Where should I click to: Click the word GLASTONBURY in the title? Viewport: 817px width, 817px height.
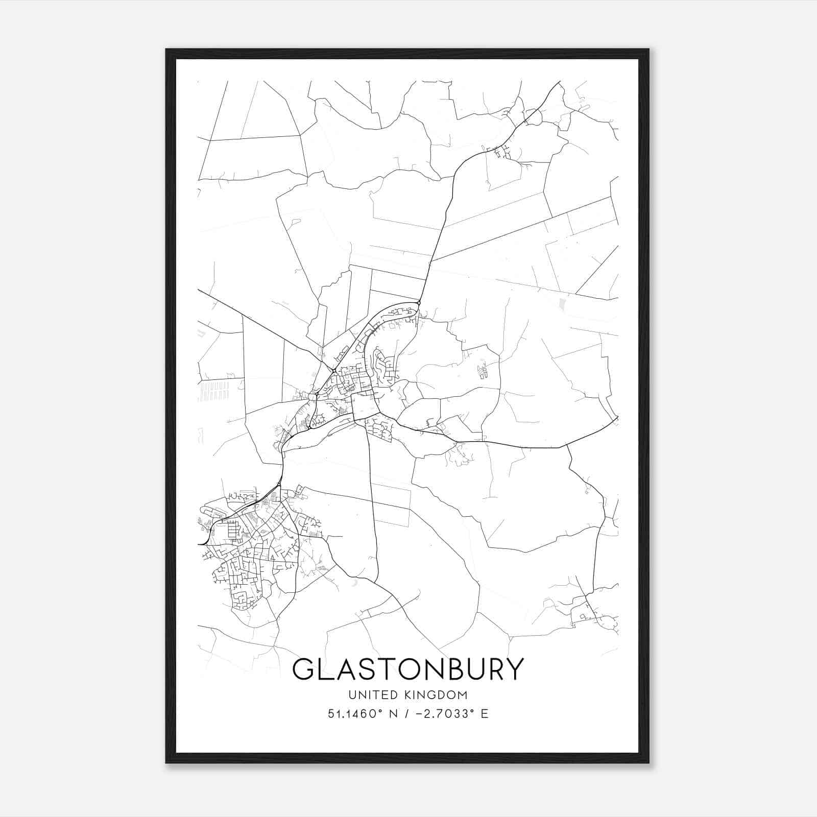(x=408, y=669)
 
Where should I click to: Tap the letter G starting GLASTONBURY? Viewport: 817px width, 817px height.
(x=302, y=669)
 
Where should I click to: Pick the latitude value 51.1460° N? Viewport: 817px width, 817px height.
(x=362, y=714)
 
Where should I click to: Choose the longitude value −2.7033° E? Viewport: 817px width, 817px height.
(x=454, y=714)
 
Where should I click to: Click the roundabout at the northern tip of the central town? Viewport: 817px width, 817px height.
(x=419, y=303)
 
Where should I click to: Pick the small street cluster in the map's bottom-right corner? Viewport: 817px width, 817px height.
(x=592, y=615)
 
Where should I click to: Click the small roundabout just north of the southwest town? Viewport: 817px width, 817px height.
(x=279, y=484)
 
